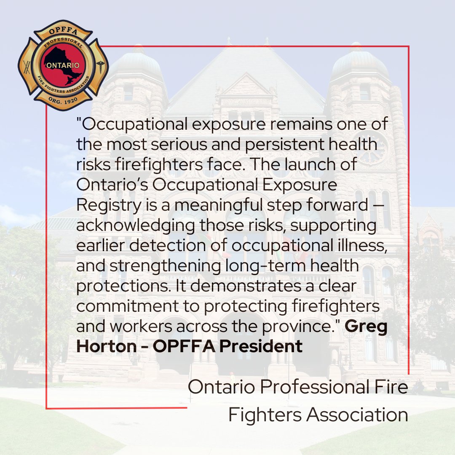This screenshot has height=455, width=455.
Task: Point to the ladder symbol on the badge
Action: [27, 67]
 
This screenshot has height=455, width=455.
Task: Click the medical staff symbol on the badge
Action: [100, 67]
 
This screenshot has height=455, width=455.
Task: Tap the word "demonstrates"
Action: [230, 286]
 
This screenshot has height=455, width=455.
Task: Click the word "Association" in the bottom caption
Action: [357, 415]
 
